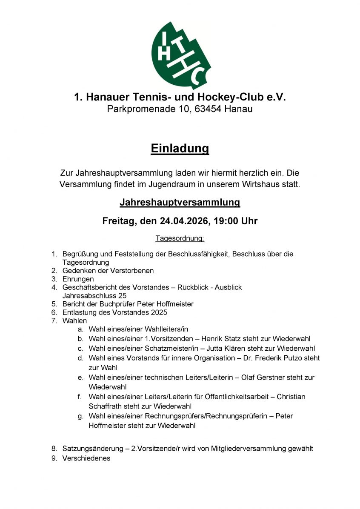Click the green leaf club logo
click(180, 54)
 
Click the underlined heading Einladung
click(180, 148)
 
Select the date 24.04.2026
click(185, 221)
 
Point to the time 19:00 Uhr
click(236, 221)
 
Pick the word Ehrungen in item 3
click(78, 279)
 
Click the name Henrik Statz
click(220, 339)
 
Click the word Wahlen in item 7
click(74, 320)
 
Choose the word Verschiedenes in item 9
click(86, 458)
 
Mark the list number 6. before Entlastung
click(54, 312)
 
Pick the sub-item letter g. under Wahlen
click(80, 416)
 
